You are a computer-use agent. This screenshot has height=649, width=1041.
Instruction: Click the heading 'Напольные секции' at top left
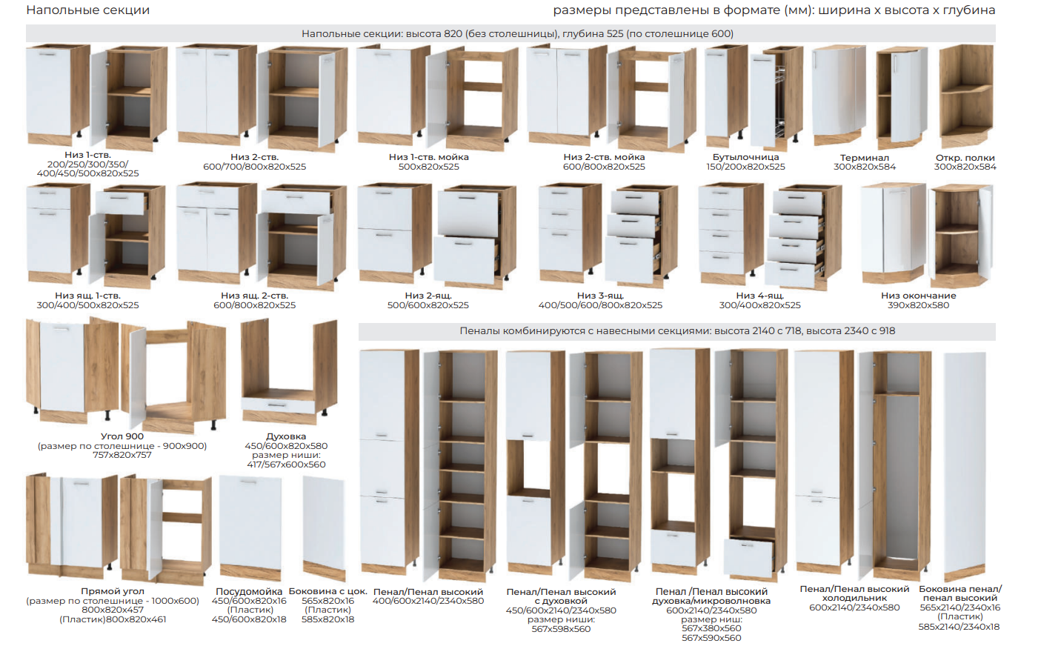[88, 10]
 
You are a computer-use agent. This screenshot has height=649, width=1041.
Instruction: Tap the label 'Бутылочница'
[745, 157]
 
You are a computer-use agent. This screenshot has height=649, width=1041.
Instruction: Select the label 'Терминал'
[865, 158]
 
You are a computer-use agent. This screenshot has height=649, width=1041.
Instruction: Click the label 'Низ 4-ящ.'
[760, 296]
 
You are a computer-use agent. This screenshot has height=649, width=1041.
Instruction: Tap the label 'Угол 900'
[122, 436]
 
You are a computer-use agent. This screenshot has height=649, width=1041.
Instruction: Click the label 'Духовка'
[286, 436]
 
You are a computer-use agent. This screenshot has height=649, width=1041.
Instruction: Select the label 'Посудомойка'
[249, 591]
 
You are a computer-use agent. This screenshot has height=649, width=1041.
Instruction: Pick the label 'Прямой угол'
[113, 591]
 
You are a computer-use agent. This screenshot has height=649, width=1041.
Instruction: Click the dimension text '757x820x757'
[122, 455]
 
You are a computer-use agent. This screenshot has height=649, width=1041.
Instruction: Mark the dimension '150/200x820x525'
[745, 167]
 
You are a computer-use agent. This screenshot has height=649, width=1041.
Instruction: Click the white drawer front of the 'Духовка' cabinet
[278, 405]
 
